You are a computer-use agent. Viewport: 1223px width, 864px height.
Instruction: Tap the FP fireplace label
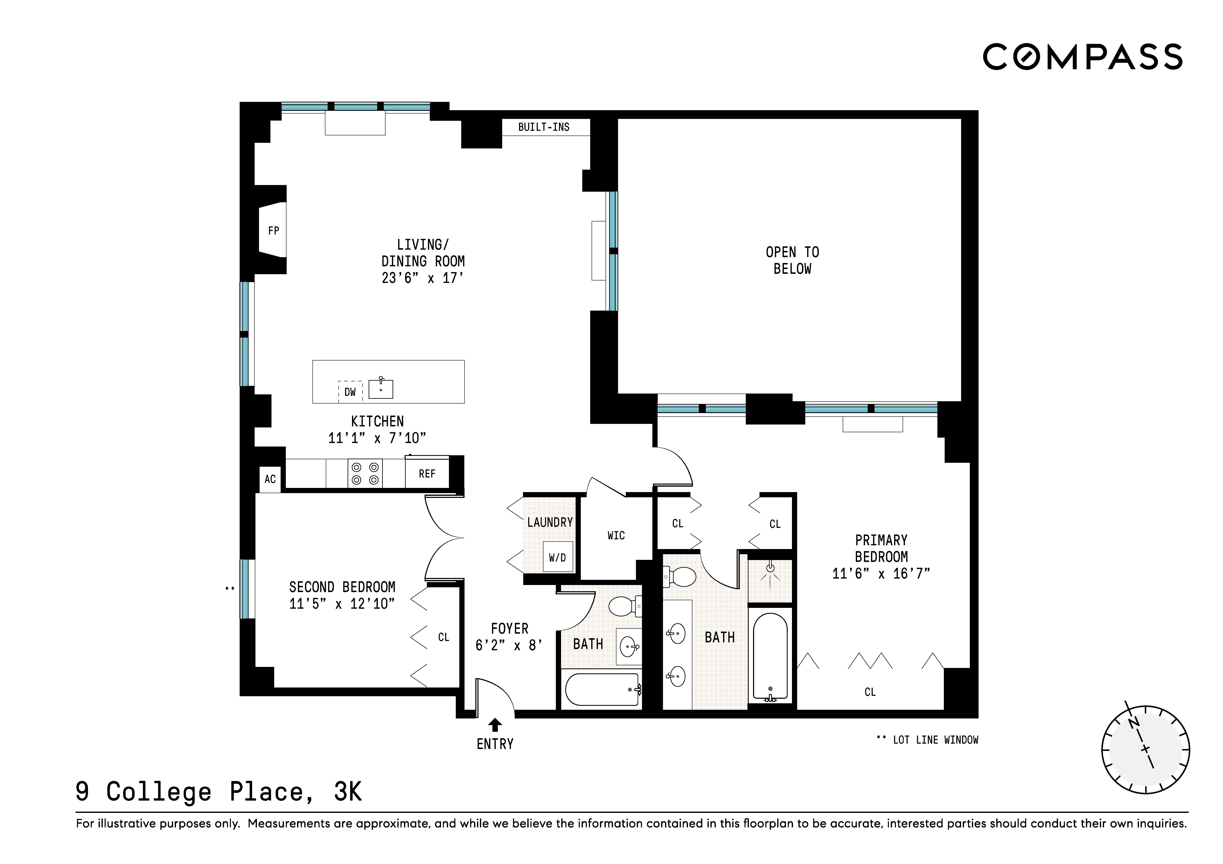(273, 231)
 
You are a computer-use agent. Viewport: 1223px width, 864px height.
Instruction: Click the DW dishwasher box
(350, 392)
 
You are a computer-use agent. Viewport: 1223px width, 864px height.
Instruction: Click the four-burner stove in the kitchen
(366, 473)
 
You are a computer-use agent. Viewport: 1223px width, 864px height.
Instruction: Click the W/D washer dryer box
(557, 557)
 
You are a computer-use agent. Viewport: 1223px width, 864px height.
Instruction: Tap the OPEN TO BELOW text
(792, 260)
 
